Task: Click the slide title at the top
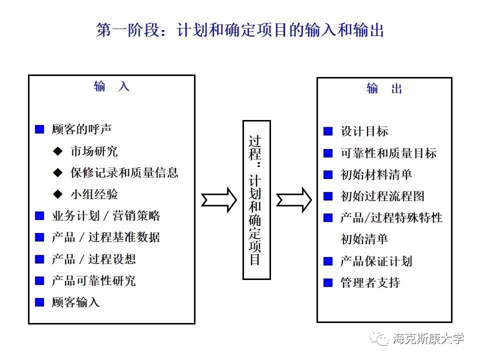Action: coord(240,30)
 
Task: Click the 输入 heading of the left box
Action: coord(111,86)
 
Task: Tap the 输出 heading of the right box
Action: coord(384,89)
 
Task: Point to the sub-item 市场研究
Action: coord(94,151)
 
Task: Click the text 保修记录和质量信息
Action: coord(124,172)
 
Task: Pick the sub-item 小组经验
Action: coord(94,194)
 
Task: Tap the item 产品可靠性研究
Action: coord(93,280)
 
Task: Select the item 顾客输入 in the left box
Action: coord(75,302)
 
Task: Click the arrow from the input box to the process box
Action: coord(218,199)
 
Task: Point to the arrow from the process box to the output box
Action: coord(294,199)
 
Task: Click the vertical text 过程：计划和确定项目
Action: coord(256,199)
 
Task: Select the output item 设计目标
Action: coord(364,131)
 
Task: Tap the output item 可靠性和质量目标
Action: coord(388,153)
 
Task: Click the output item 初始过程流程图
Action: coord(382,196)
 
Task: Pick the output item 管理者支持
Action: coord(370,282)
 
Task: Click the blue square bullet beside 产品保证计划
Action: coord(328,261)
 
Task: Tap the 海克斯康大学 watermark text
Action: coord(428,338)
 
